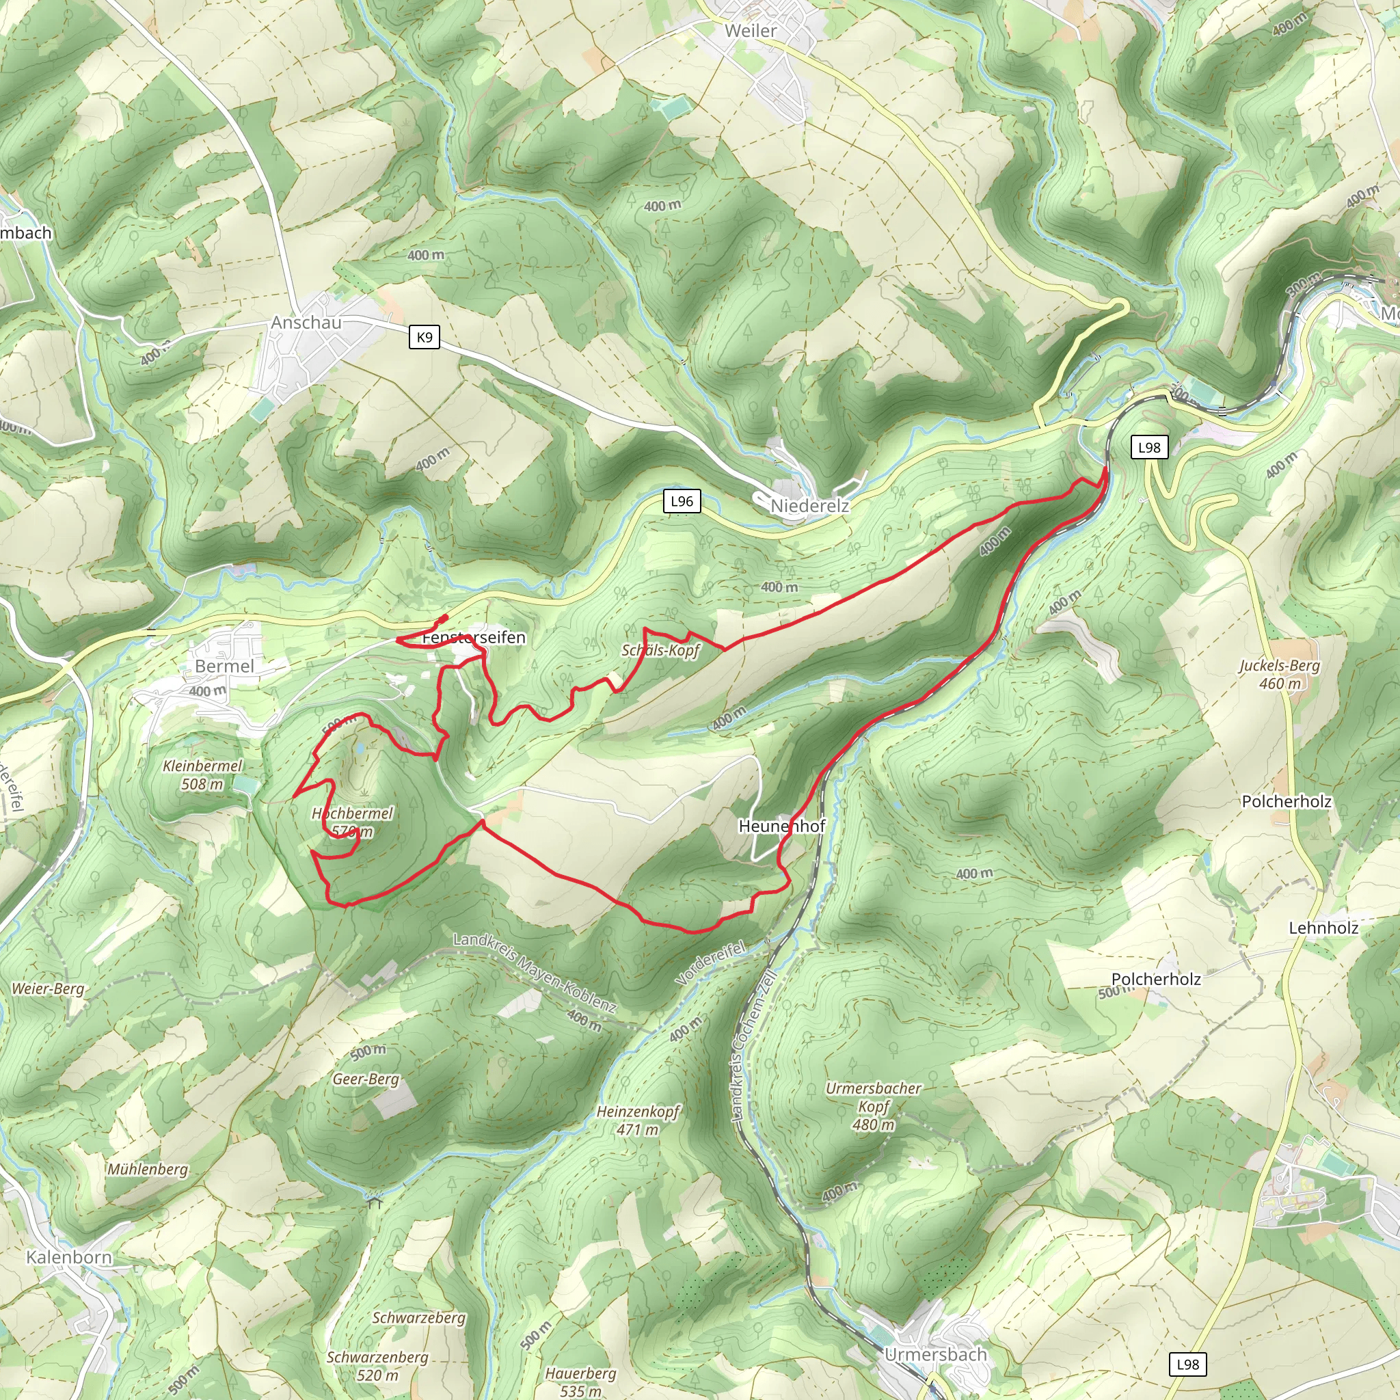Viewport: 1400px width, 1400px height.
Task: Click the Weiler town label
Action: (x=750, y=31)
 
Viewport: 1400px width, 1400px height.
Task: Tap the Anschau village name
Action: (x=306, y=323)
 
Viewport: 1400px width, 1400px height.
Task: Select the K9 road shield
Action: (x=424, y=337)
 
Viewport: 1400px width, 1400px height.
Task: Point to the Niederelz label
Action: (x=809, y=506)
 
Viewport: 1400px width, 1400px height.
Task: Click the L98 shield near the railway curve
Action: (x=1148, y=447)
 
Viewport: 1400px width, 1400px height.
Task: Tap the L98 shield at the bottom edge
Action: (x=1187, y=1364)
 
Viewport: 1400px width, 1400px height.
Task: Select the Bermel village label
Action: (x=225, y=666)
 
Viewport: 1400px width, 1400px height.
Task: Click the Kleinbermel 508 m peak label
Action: (x=203, y=775)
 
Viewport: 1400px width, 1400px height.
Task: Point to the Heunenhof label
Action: (x=781, y=825)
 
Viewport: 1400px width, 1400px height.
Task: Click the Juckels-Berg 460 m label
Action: (x=1280, y=674)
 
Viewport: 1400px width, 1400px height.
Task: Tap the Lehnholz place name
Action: (x=1323, y=928)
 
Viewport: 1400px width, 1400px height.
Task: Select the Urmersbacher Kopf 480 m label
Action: (x=873, y=1107)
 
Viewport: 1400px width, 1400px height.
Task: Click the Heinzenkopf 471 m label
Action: (x=638, y=1120)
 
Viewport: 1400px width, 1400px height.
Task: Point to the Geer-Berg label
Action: (x=366, y=1079)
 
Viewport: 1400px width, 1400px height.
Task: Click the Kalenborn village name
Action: (x=69, y=1257)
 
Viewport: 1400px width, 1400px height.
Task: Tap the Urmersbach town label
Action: (x=936, y=1354)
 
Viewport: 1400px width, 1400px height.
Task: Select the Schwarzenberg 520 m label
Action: (x=377, y=1366)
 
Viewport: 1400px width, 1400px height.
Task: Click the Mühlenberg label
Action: (x=148, y=1169)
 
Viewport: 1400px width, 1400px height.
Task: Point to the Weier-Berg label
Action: (x=48, y=988)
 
